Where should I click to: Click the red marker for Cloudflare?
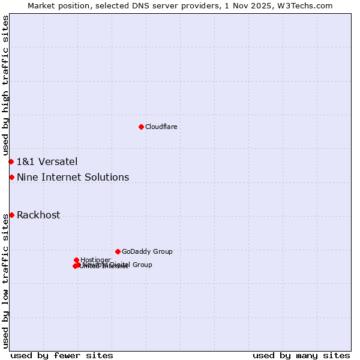point(141,127)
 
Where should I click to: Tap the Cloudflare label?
point(161,127)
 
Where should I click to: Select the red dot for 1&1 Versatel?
point(11,161)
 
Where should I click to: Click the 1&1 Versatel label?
point(47,161)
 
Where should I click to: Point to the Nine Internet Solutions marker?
point(11,177)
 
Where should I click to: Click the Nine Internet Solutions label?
point(73,177)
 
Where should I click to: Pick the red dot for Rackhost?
point(11,215)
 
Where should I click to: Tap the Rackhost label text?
point(38,215)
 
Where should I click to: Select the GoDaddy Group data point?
point(118,251)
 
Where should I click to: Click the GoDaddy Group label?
point(147,251)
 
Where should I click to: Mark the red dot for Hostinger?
point(76,260)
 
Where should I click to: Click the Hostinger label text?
point(95,260)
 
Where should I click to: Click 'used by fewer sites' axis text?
point(62,355)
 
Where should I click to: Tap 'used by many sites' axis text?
point(301,355)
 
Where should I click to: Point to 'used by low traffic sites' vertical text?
point(5,281)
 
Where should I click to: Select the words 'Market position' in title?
point(55,5)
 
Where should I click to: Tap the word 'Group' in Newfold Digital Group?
point(142,265)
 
